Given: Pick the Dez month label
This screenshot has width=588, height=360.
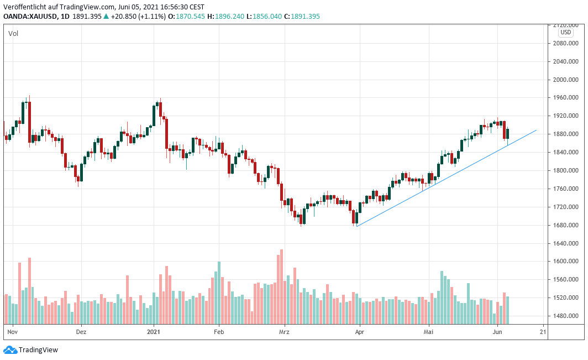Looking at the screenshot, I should pos(81,332).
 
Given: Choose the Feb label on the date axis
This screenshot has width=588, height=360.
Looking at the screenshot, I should pos(218,332).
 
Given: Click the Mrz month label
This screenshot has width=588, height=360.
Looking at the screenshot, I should pos(284,332).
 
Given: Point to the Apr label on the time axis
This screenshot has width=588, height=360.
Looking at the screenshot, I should pos(359,332).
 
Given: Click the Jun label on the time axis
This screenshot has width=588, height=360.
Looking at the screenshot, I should pos(497,332).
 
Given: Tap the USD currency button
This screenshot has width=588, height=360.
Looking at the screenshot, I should pos(566,32).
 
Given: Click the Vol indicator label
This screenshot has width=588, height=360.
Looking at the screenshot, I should pos(13,34).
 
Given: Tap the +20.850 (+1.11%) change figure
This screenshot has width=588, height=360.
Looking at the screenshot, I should pos(135,17).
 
